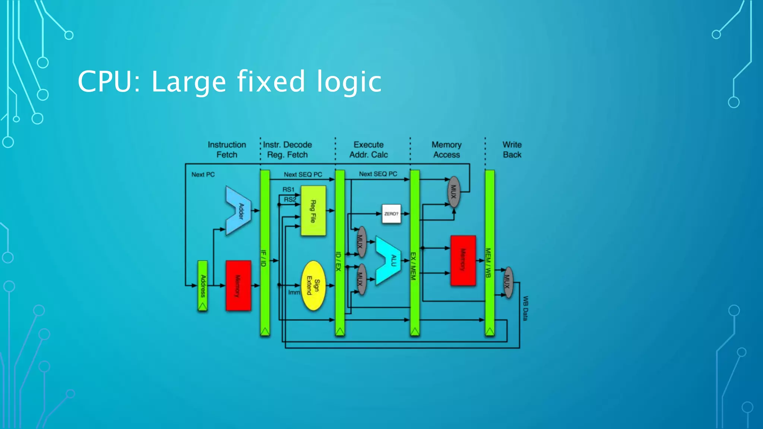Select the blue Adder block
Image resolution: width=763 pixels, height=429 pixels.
[238, 211]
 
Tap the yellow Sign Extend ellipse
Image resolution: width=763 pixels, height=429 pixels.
[313, 286]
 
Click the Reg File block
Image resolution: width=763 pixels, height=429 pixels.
[313, 211]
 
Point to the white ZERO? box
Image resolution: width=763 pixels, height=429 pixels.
[391, 214]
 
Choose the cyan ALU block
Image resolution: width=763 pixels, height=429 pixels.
[389, 260]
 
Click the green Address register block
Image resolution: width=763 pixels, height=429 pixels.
[203, 286]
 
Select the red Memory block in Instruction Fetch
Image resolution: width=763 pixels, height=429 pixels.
[238, 286]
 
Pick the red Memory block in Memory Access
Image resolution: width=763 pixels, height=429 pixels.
[463, 260]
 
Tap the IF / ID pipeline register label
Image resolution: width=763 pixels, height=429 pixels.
[264, 258]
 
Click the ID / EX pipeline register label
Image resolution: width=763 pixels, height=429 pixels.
[339, 261]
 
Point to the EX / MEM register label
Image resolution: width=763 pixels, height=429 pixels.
[414, 266]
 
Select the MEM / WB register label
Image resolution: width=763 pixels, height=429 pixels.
[488, 263]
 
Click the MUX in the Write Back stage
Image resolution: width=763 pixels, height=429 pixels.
[507, 282]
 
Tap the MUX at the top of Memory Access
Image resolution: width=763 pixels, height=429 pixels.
[453, 192]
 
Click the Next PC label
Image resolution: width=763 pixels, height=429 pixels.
[203, 174]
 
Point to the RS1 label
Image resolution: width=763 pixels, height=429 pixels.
[288, 190]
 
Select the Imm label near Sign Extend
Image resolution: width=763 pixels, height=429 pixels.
[294, 292]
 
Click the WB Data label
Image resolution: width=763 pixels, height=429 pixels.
[525, 308]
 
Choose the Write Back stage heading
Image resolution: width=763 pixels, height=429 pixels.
[512, 149]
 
